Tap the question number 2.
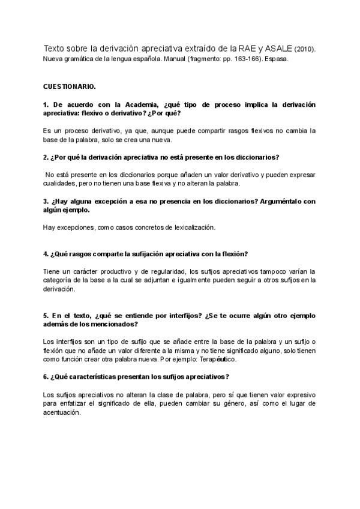pyautogui.click(x=46, y=157)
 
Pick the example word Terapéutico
pyautogui.click(x=217, y=359)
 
